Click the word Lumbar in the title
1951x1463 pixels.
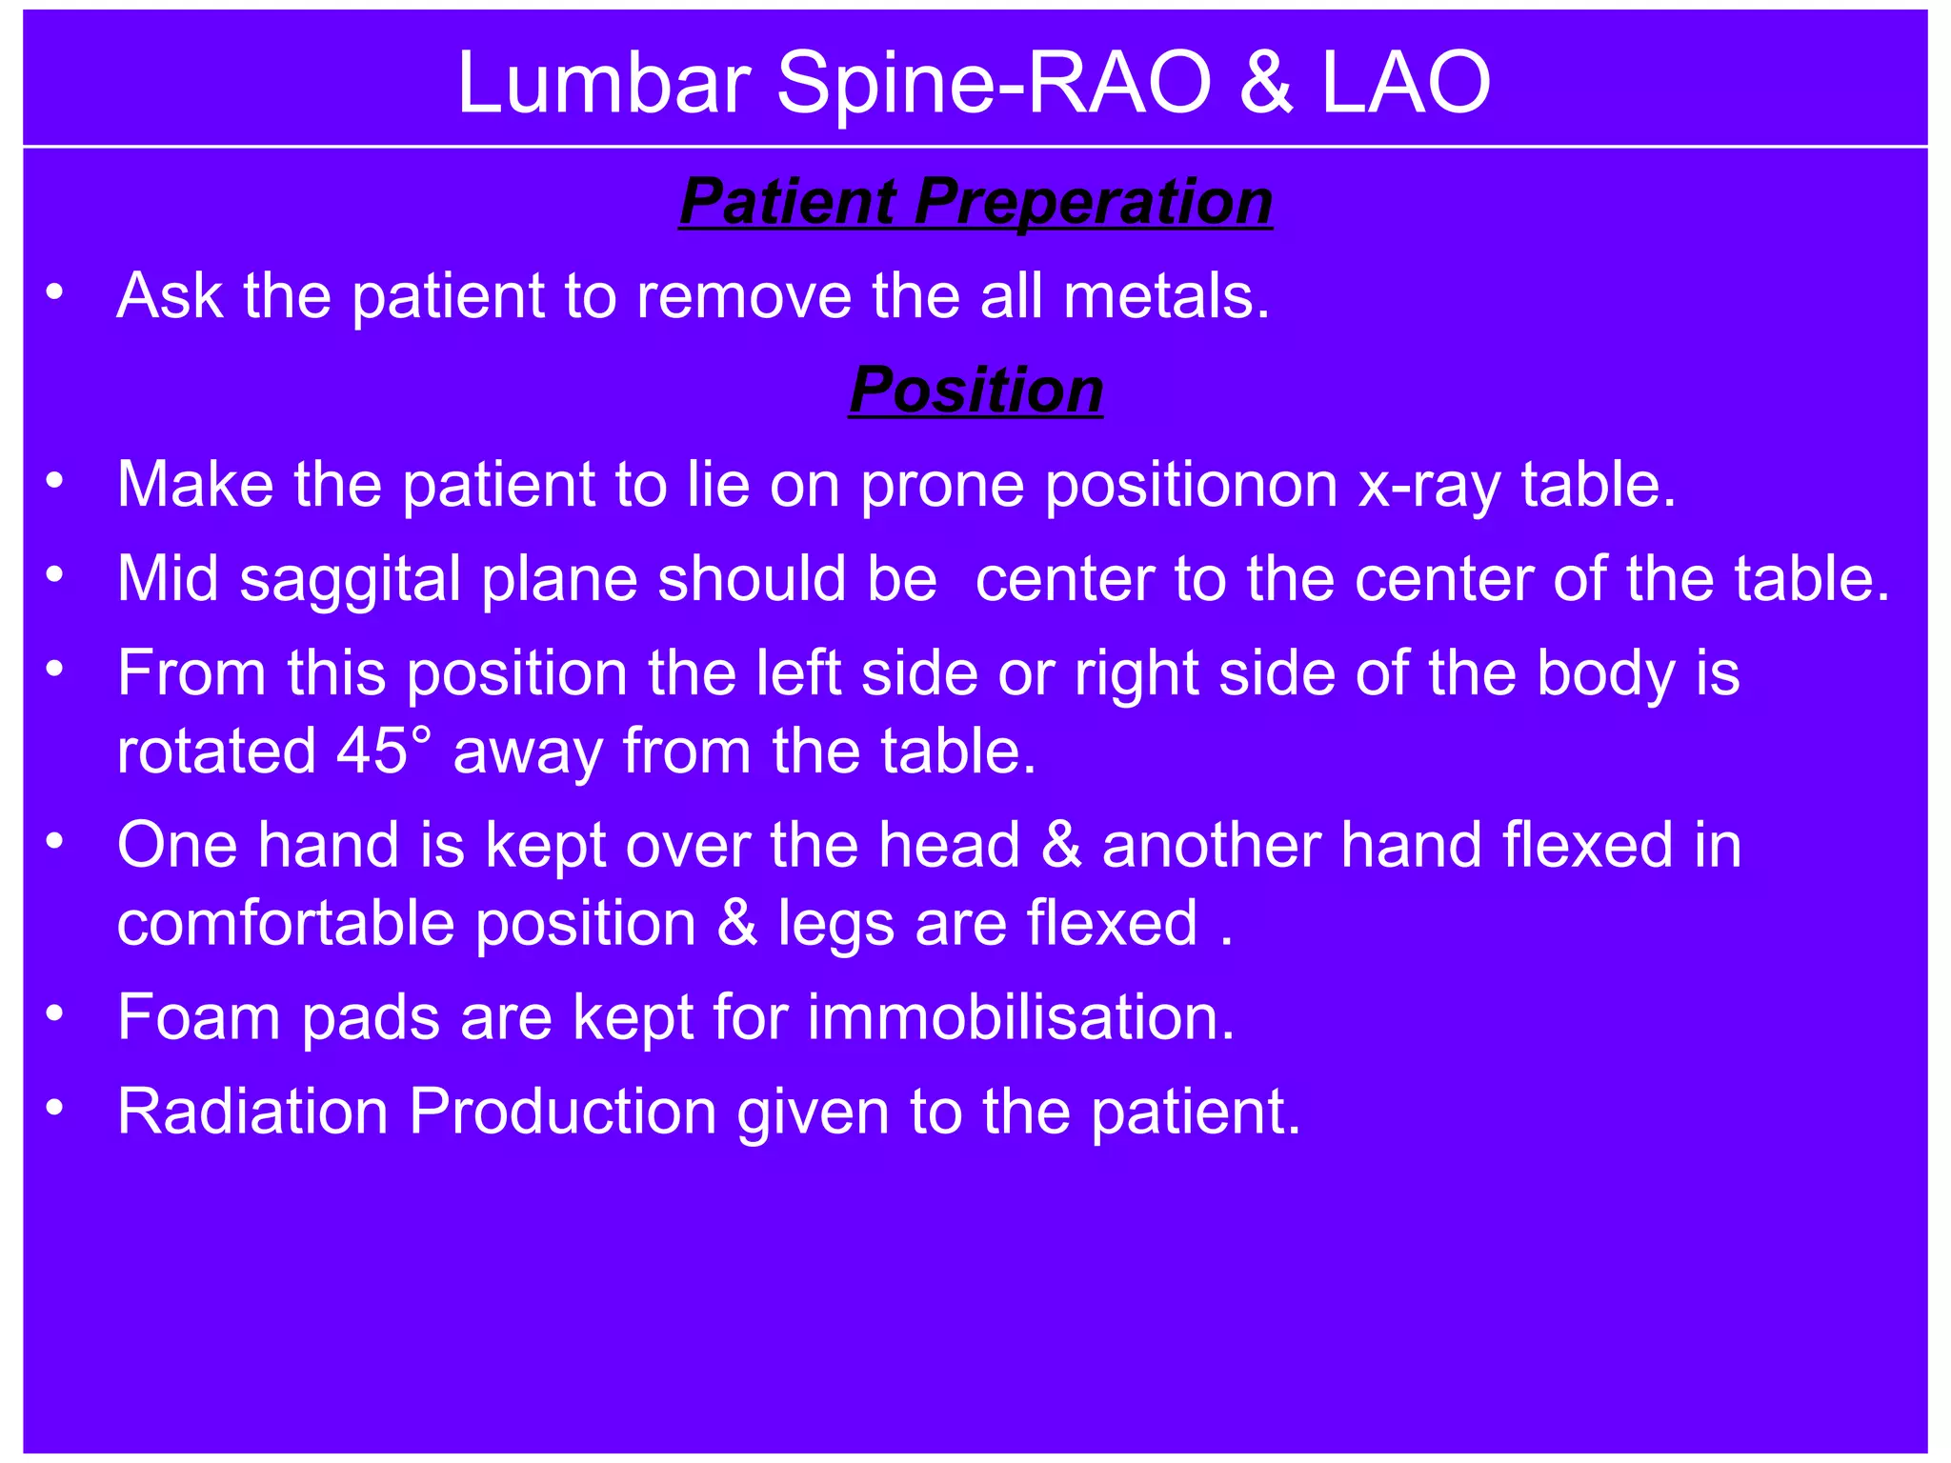tap(604, 84)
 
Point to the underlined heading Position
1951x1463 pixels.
tap(975, 390)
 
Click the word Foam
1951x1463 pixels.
tap(198, 1016)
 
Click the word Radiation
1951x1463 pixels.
tap(252, 1111)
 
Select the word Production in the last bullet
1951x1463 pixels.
tap(562, 1111)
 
